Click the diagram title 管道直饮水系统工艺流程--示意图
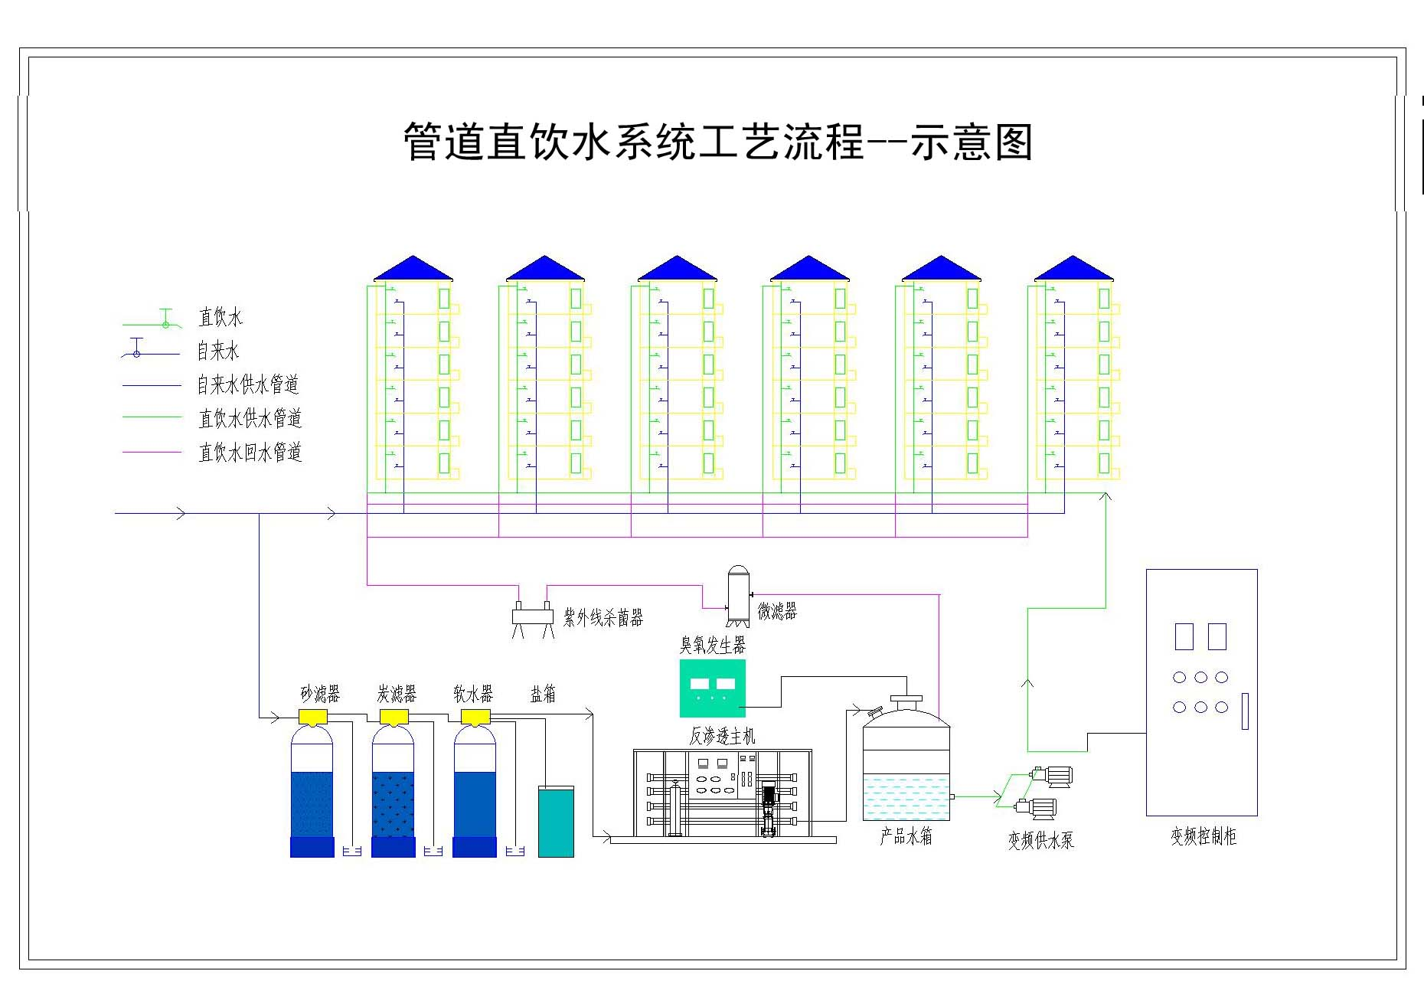pos(717,142)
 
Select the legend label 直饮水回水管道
pos(250,453)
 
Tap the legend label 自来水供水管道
pos(247,384)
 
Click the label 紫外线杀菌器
pos(603,617)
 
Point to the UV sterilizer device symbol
pos(533,616)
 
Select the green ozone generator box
pos(712,688)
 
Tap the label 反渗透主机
pos(722,737)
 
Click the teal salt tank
pos(556,822)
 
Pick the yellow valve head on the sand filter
pos(312,717)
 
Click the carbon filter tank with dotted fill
pos(393,796)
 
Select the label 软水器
pos(473,695)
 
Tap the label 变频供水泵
pos(1040,840)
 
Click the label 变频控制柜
pos(1203,836)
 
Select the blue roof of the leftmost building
pos(413,270)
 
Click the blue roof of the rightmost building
pos(1073,270)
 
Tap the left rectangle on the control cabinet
pos(1184,636)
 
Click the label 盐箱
pos(543,695)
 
